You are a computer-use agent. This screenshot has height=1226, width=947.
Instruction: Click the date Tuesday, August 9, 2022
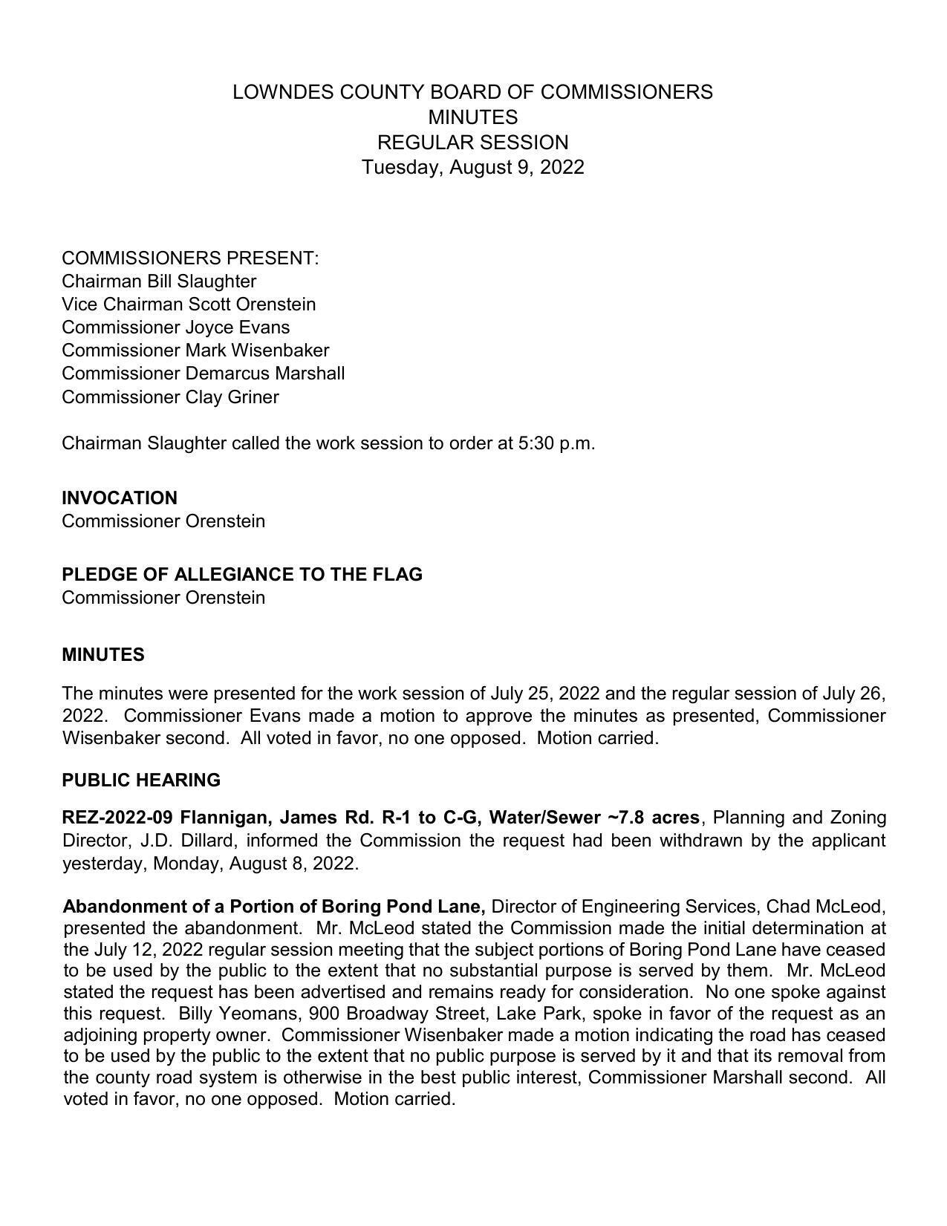pyautogui.click(x=472, y=167)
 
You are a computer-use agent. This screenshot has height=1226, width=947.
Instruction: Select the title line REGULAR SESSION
pyautogui.click(x=472, y=143)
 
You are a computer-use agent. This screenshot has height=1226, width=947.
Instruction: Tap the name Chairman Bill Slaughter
pyautogui.click(x=159, y=281)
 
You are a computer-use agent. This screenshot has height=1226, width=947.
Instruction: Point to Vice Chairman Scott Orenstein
pyautogui.click(x=189, y=304)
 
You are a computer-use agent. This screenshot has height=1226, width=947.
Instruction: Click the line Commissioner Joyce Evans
pyautogui.click(x=175, y=327)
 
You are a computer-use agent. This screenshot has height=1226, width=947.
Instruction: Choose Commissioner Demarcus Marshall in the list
pyautogui.click(x=203, y=373)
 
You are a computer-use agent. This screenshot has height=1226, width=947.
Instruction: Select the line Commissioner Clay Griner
pyautogui.click(x=170, y=397)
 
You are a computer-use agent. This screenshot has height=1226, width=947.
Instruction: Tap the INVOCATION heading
pyautogui.click(x=120, y=498)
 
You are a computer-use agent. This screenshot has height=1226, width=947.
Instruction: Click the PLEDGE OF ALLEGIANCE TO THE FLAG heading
pyautogui.click(x=242, y=575)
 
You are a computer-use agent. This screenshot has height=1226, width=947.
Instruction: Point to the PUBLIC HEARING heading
pyautogui.click(x=141, y=780)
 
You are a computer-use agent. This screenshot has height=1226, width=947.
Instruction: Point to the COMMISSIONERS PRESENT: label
pyautogui.click(x=190, y=258)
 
